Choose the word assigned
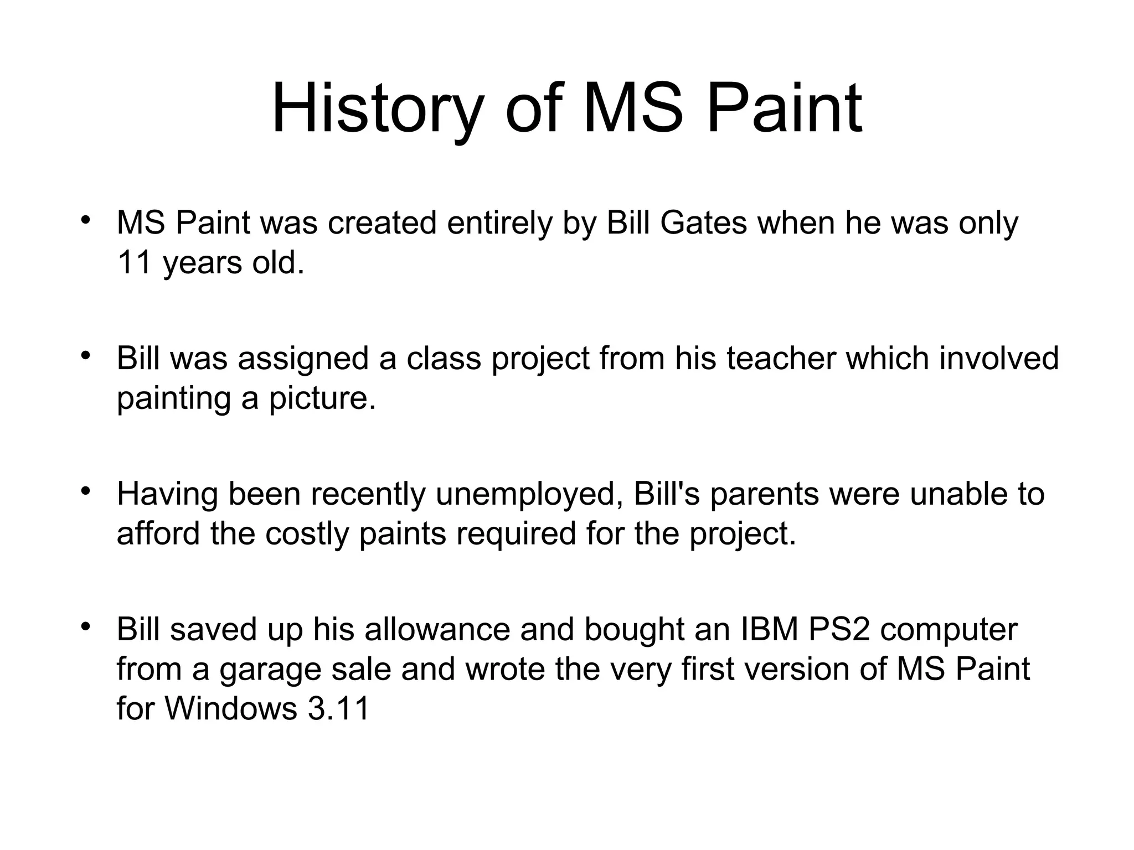[303, 360]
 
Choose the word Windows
[231, 708]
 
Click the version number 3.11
[338, 708]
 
